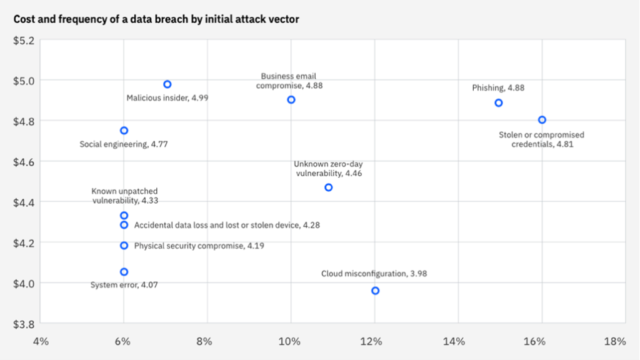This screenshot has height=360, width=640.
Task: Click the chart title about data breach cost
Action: pos(156,19)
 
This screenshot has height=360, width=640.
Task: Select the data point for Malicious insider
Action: pos(167,84)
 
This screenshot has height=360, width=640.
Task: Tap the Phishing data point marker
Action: pos(498,103)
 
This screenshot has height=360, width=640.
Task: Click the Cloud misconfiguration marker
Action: pos(375,291)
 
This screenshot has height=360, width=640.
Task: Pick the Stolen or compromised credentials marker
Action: pos(542,120)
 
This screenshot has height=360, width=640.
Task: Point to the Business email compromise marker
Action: pos(291,100)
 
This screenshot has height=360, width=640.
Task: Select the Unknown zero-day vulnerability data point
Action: pos(329,187)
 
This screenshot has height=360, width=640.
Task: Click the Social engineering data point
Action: pos(124,131)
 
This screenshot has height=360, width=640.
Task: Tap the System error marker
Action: pos(124,272)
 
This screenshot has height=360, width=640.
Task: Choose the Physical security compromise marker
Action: pos(124,246)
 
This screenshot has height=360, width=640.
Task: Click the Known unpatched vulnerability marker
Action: pos(124,216)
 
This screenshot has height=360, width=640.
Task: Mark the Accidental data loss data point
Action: pos(124,225)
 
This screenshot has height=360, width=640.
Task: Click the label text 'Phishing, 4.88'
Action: pos(498,88)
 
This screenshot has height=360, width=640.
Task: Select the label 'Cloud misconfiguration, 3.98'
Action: pos(374,274)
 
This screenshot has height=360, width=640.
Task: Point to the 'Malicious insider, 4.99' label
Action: pos(167,98)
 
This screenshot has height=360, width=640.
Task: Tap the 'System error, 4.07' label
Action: pos(124,285)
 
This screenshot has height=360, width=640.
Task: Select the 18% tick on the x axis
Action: pos(615,341)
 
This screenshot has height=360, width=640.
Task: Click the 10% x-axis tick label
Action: pos(290,341)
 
